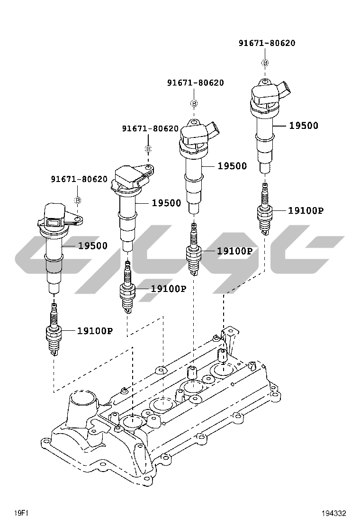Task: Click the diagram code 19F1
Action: tap(22, 513)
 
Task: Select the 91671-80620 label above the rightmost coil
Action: tap(267, 43)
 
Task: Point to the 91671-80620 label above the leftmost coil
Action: tap(80, 179)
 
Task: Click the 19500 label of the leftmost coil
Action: tap(93, 245)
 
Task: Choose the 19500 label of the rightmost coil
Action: tap(304, 126)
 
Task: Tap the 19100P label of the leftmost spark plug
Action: tap(95, 331)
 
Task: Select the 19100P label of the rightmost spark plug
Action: tap(306, 210)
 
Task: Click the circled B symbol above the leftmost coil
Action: tap(78, 200)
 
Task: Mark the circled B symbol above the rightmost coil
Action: tap(265, 63)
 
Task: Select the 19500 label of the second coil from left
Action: tap(166, 203)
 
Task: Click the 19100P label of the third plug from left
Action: tap(234, 251)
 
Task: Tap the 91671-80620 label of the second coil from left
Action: tap(150, 128)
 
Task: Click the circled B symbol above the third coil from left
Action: tap(194, 103)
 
